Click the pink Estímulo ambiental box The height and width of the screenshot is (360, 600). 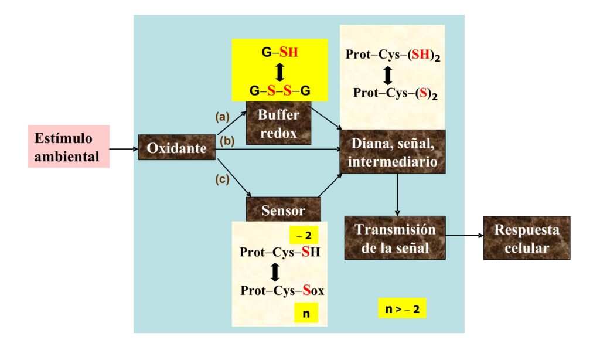(69, 147)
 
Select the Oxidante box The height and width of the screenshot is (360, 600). (176, 147)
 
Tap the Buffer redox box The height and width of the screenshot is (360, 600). (278, 123)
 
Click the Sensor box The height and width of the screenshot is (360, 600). (283, 209)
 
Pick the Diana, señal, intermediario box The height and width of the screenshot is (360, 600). (393, 152)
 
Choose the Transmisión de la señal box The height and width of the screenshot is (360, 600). (395, 238)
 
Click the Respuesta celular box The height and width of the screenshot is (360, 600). (527, 238)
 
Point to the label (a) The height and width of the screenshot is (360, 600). (222, 117)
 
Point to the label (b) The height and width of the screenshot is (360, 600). (227, 141)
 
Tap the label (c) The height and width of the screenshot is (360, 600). (222, 179)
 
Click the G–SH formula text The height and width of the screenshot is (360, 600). (279, 52)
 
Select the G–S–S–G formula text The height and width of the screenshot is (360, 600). (279, 91)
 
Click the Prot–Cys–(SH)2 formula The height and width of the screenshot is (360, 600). (393, 55)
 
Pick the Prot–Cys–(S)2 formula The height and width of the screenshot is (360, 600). (396, 93)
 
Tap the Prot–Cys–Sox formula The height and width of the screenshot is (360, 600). (282, 290)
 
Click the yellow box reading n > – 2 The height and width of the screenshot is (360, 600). (402, 308)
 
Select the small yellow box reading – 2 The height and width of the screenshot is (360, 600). (304, 235)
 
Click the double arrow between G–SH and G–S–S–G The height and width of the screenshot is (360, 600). (280, 72)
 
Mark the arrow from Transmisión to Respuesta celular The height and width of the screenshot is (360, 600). (465, 236)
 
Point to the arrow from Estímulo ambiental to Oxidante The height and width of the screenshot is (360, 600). (124, 148)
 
